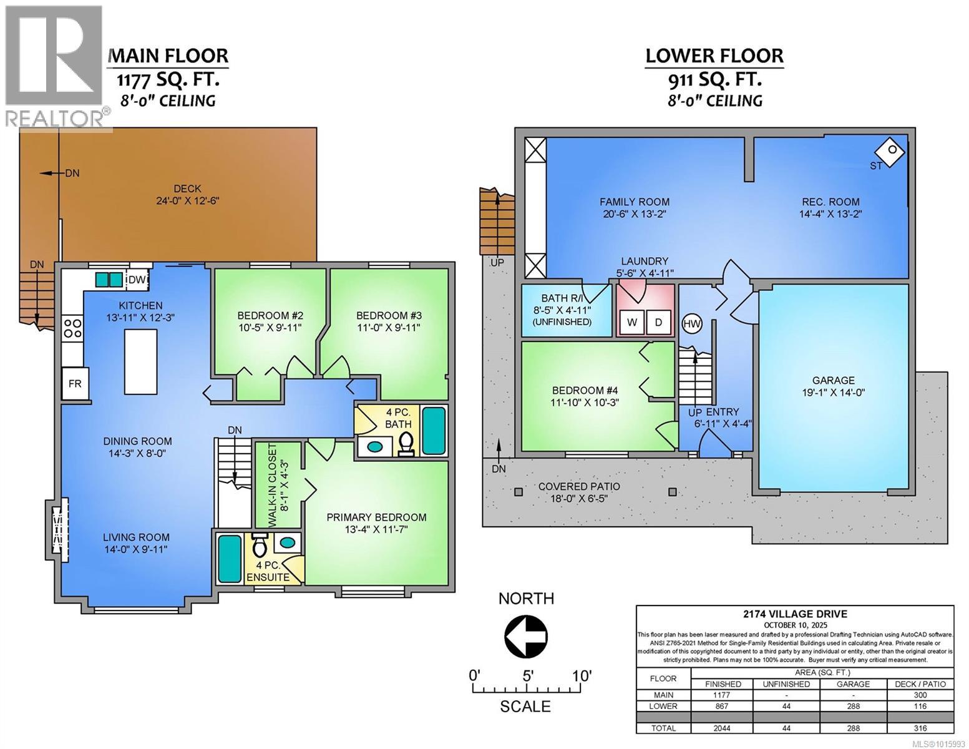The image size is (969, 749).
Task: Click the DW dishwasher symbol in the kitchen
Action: (x=137, y=280)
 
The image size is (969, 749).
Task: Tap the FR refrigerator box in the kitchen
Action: (x=75, y=383)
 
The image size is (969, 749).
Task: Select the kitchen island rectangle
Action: (x=140, y=361)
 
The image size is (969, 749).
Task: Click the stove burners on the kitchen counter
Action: (x=73, y=328)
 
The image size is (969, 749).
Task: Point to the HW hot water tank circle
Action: (x=692, y=323)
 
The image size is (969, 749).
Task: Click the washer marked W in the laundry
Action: (x=632, y=322)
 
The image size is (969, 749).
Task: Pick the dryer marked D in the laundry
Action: (x=658, y=322)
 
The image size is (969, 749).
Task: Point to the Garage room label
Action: (x=833, y=380)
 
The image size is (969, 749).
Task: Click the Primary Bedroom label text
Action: (x=376, y=517)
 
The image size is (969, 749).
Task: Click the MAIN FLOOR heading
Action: (x=168, y=56)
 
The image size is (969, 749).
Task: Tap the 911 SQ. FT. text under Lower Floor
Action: (x=714, y=79)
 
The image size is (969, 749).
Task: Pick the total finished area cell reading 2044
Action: (x=723, y=728)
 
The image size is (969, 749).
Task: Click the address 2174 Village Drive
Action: (x=794, y=614)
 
